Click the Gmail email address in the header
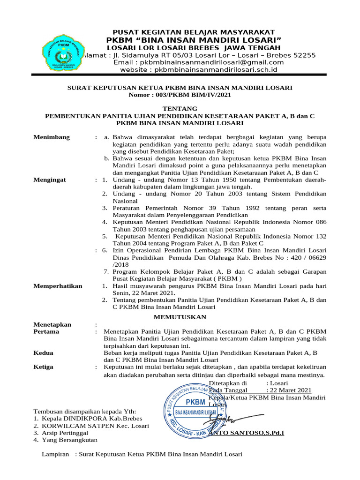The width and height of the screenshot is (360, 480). [199, 62]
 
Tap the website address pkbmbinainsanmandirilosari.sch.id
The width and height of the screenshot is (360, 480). [199, 70]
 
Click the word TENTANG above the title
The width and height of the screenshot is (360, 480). [180, 108]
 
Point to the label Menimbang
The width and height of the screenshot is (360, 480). [52, 137]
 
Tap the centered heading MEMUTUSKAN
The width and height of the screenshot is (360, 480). [180, 317]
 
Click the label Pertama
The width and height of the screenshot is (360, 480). [46, 331]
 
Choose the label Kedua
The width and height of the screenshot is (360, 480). [44, 352]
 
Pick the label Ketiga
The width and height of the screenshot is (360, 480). [44, 367]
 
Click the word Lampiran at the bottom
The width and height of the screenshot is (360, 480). [56, 454]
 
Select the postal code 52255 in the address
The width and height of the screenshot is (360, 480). [304, 55]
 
